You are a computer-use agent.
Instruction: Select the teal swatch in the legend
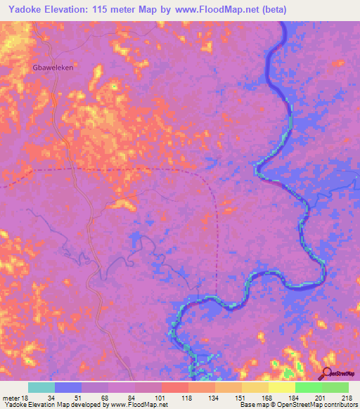[x=41, y=387]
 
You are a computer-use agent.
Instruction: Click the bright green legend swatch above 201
[x=308, y=387]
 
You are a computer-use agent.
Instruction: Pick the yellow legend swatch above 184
[x=281, y=387]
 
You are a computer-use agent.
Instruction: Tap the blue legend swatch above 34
[x=68, y=387]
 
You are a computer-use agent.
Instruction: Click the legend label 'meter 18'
[x=15, y=397]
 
